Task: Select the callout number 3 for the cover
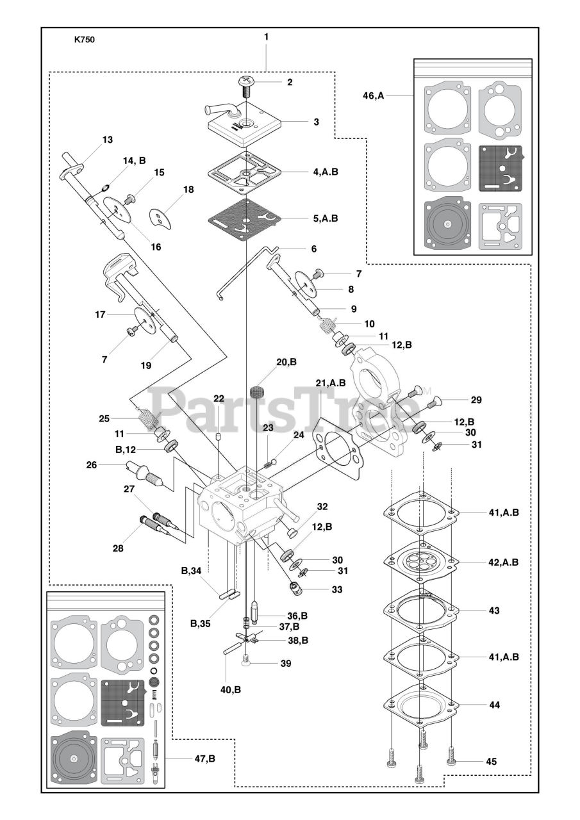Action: tap(316, 121)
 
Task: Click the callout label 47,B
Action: tap(204, 758)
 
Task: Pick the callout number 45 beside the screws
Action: tap(491, 762)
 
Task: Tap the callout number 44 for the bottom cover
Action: tap(494, 704)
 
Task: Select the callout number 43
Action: tap(494, 611)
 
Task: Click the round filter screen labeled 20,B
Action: tap(258, 391)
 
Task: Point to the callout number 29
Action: tap(476, 400)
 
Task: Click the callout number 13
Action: tap(107, 140)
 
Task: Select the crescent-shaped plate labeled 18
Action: tap(162, 218)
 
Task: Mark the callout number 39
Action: tap(286, 663)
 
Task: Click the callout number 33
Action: tap(337, 589)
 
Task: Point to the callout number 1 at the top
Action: tap(266, 37)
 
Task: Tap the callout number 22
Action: tap(219, 398)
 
